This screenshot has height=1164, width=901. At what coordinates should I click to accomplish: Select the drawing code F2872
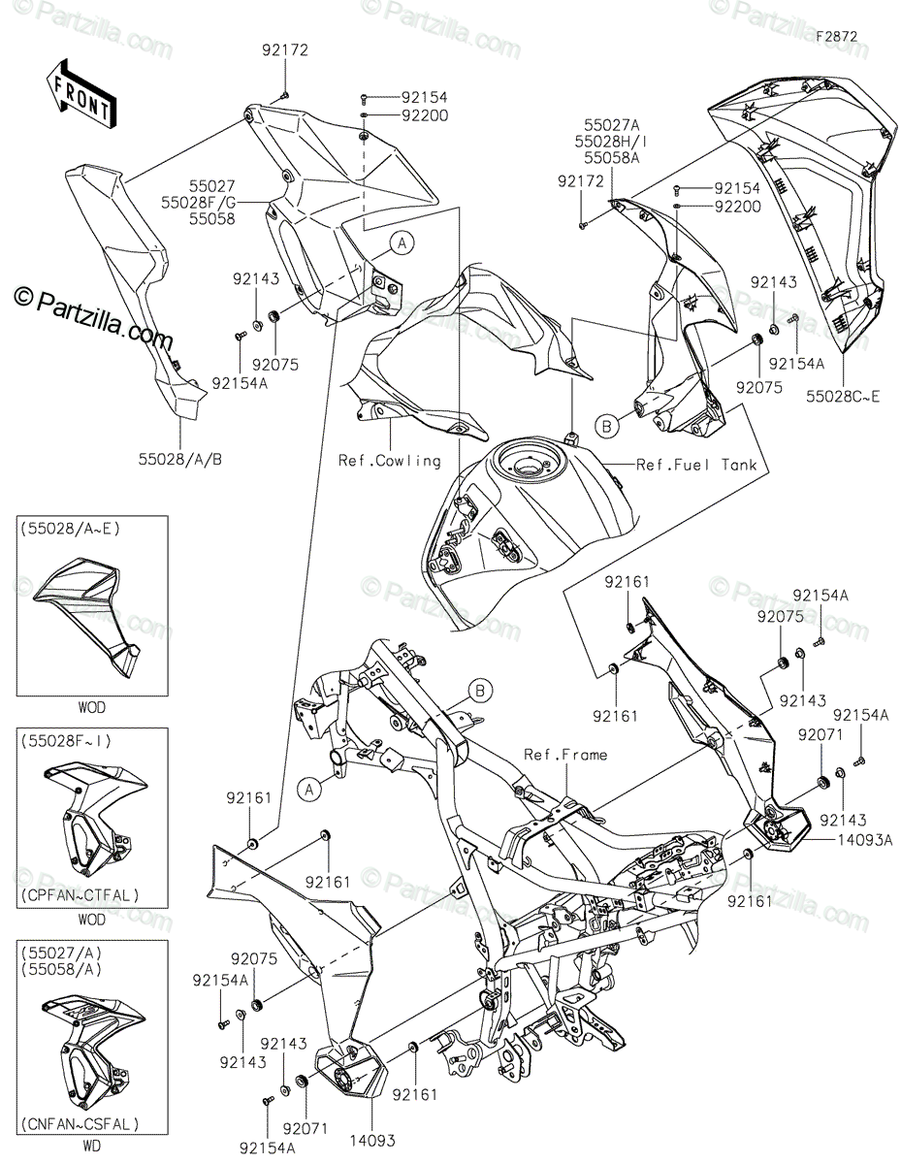pos(836,36)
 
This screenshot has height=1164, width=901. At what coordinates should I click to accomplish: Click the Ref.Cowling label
pos(389,460)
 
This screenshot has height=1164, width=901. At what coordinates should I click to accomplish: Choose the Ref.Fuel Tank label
pos(696,465)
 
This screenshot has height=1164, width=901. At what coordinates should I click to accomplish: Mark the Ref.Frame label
pos(565,754)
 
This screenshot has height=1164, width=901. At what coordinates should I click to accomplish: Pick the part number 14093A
pos(867,841)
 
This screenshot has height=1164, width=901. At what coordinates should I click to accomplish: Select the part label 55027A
pos(611,125)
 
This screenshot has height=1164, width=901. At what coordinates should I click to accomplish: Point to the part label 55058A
pos(611,156)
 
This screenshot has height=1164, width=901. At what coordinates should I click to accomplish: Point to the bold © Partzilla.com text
pos(92,314)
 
